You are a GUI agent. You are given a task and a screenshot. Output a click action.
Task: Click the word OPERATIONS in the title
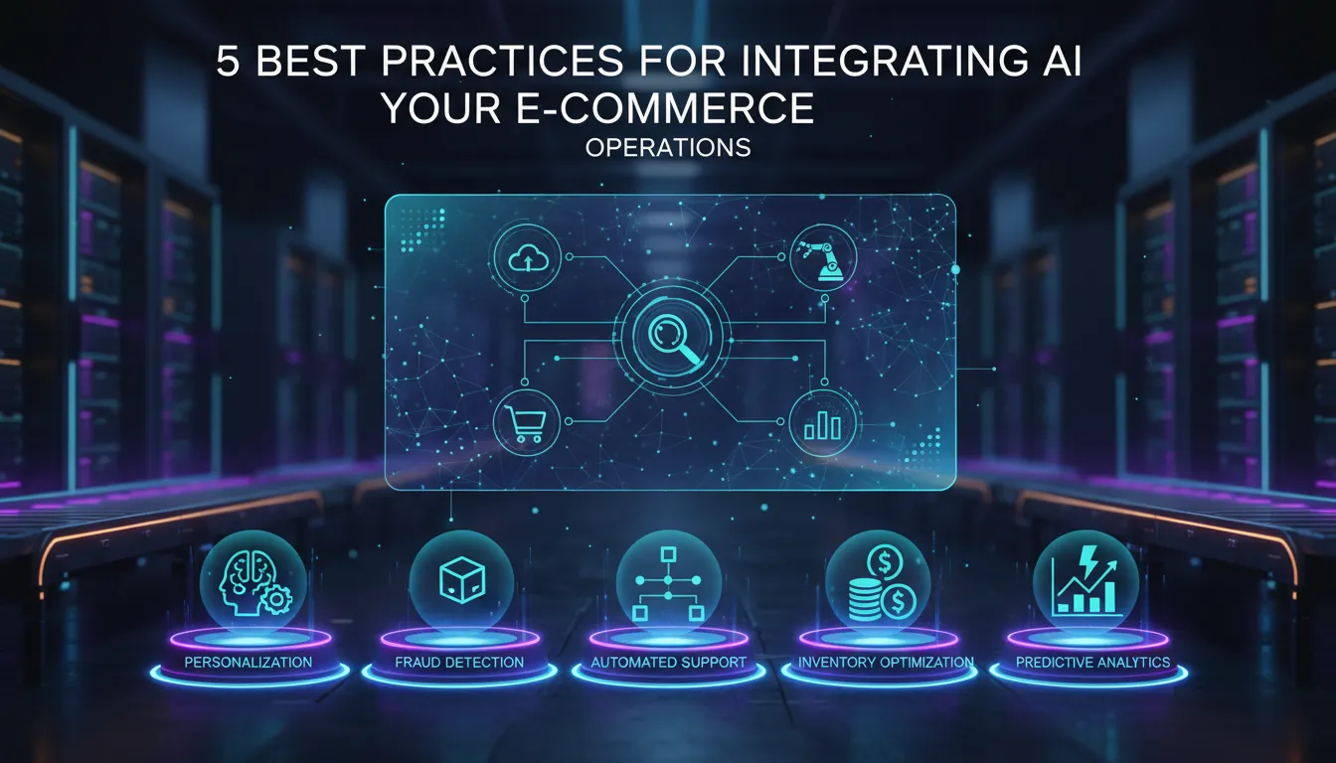pyautogui.click(x=668, y=148)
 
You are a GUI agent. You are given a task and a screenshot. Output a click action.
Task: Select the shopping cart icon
pyautogui.click(x=523, y=422)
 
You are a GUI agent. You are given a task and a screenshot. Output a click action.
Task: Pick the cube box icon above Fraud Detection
pyautogui.click(x=460, y=577)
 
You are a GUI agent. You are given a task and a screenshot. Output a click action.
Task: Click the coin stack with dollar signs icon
pyautogui.click(x=877, y=582)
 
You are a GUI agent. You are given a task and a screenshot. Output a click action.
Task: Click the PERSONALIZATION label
pyautogui.click(x=249, y=662)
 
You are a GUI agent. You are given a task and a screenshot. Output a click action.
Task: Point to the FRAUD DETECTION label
pyautogui.click(x=458, y=662)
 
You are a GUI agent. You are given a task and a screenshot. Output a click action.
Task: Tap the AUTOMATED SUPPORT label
pyautogui.click(x=668, y=662)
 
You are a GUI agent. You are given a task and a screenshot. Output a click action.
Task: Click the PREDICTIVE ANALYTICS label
pyautogui.click(x=1092, y=662)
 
